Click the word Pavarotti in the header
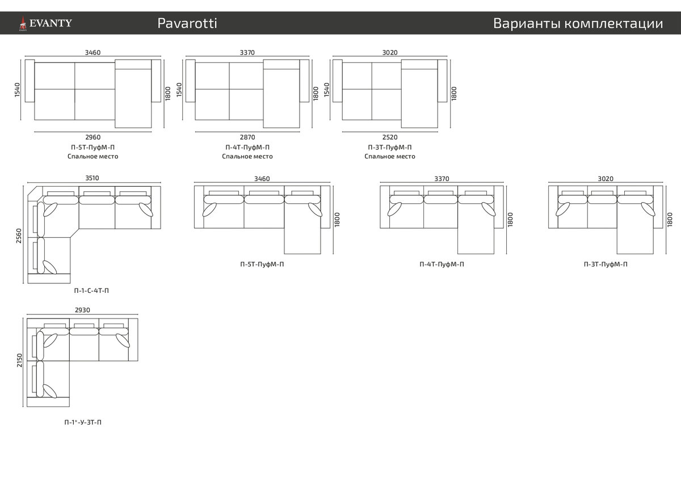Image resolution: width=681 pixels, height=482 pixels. click(x=187, y=23)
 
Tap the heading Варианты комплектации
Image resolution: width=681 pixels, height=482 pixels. click(x=578, y=23)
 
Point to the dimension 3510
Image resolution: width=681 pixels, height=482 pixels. click(x=92, y=178)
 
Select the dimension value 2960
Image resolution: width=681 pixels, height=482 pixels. click(x=93, y=137)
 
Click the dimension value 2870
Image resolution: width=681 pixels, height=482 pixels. click(x=247, y=137)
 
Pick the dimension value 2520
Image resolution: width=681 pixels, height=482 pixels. click(x=390, y=137)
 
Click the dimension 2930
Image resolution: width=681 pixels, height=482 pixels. click(x=82, y=310)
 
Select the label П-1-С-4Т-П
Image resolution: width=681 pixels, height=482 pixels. click(x=91, y=291)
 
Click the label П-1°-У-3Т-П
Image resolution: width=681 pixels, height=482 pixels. click(x=83, y=422)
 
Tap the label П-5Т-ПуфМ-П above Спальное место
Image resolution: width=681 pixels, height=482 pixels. click(x=93, y=147)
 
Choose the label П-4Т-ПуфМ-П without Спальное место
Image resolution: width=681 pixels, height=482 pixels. click(x=442, y=264)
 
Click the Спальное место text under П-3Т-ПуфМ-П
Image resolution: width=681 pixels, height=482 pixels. click(x=390, y=156)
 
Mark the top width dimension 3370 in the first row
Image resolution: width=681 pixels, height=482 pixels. click(x=247, y=52)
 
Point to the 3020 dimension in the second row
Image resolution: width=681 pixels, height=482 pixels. click(x=606, y=178)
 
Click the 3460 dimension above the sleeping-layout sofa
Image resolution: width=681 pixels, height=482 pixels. click(x=93, y=52)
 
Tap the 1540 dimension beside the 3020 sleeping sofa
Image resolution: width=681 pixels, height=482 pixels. click(x=326, y=90)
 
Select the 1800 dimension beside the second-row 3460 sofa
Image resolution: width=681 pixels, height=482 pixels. click(x=337, y=220)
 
